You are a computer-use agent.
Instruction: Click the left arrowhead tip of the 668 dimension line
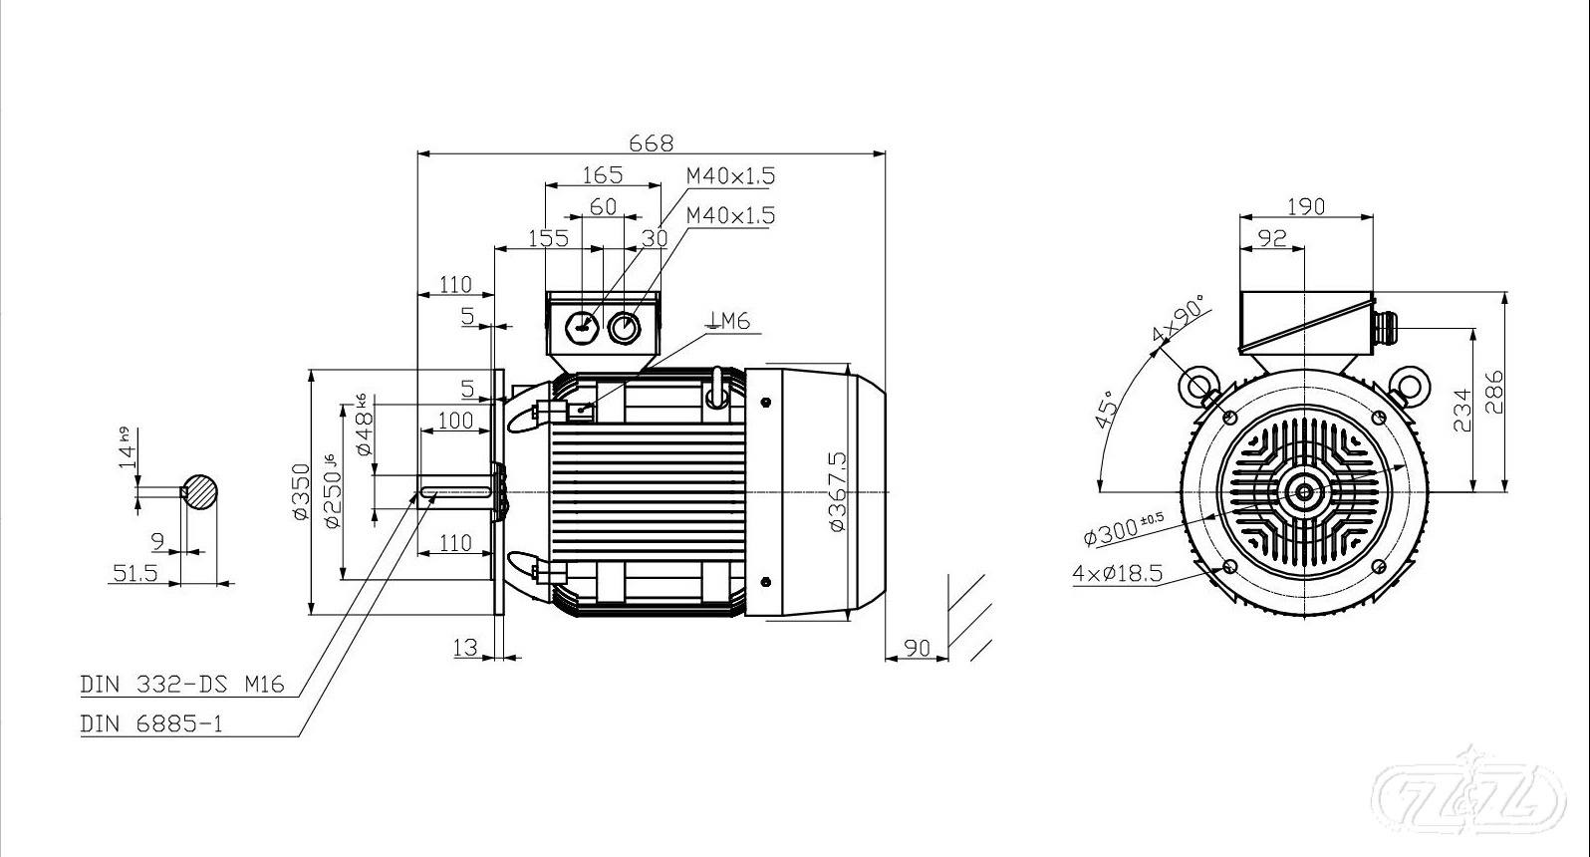click(x=418, y=152)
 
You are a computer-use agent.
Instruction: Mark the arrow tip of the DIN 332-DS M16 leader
click(x=417, y=492)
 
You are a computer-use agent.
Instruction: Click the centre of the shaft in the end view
click(x=1305, y=491)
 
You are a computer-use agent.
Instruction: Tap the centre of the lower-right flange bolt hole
click(x=1379, y=566)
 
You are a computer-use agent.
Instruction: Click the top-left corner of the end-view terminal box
click(x=1240, y=292)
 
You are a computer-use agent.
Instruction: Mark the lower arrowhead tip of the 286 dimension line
click(x=1505, y=491)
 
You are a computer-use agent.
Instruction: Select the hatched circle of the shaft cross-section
click(x=199, y=492)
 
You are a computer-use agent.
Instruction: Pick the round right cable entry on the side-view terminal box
click(x=624, y=328)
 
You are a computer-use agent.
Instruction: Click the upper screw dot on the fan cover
click(x=765, y=403)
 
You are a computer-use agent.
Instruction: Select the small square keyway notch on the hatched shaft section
click(x=184, y=491)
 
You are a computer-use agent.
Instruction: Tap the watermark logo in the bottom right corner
click(x=1467, y=796)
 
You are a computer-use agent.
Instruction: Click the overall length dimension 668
click(x=651, y=143)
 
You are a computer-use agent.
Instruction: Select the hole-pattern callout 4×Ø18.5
click(x=1117, y=573)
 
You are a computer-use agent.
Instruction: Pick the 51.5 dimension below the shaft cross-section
click(x=134, y=572)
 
